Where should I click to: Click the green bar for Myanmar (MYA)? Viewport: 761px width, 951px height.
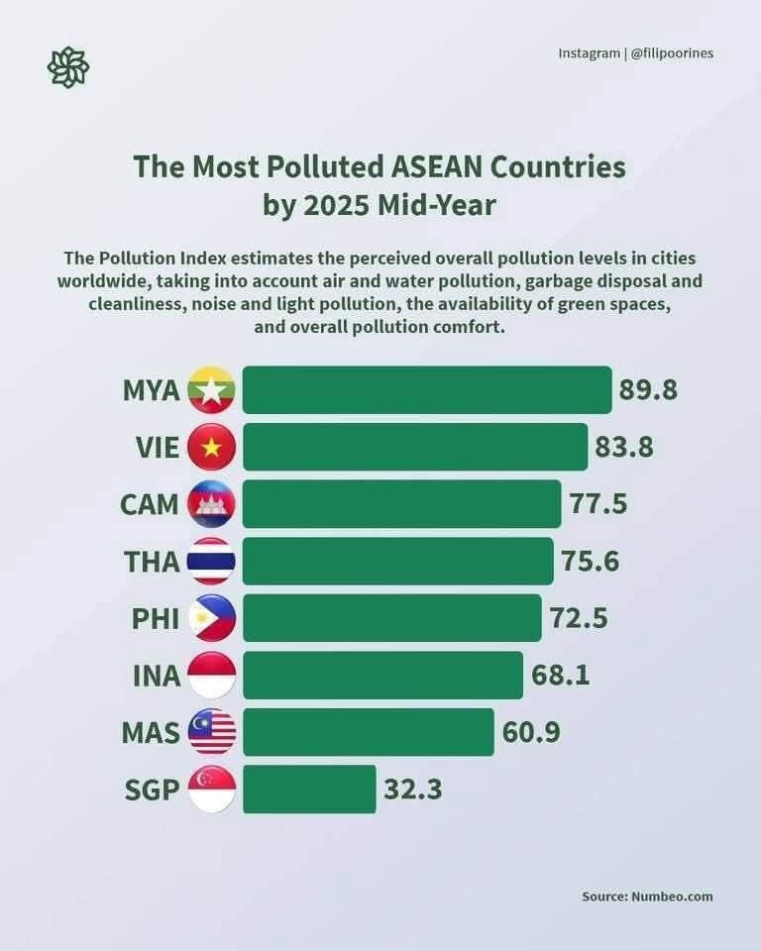click(426, 389)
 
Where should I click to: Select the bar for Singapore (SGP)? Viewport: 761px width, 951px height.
click(309, 790)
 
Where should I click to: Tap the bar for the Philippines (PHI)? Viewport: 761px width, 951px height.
click(391, 618)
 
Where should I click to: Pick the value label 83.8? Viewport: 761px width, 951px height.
click(624, 447)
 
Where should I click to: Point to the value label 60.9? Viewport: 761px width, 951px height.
click(531, 733)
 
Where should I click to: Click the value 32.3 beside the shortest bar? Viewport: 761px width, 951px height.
click(412, 790)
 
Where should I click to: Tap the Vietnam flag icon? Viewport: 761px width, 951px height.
click(211, 447)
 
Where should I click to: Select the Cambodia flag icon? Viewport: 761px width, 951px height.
click(211, 504)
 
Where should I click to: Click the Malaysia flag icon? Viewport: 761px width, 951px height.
click(211, 733)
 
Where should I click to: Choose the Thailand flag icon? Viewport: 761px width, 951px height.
click(211, 562)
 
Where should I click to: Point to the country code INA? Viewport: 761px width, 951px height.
click(157, 676)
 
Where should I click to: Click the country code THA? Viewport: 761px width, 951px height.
click(153, 562)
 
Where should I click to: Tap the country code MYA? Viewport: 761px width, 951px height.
click(152, 389)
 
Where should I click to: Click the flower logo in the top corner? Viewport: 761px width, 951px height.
click(68, 66)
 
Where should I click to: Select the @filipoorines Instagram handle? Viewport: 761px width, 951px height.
click(673, 53)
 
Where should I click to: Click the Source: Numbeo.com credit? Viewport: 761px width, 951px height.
click(647, 897)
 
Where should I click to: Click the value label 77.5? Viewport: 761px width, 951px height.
click(598, 504)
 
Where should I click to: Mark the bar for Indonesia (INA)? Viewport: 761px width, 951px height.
click(382, 676)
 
